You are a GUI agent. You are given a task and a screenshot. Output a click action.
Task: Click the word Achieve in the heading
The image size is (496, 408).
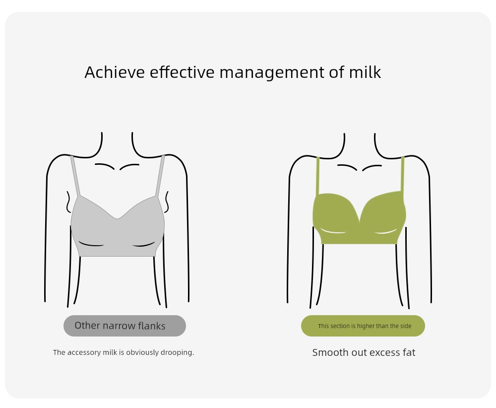tap(115, 72)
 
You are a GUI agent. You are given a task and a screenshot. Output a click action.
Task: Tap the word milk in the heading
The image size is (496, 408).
tap(365, 72)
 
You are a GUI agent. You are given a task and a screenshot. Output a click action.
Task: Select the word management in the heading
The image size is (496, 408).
tap(272, 73)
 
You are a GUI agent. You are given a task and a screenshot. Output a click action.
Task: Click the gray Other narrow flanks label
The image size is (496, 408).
tap(124, 326)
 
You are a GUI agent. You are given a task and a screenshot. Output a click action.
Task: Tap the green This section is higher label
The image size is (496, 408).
tap(363, 326)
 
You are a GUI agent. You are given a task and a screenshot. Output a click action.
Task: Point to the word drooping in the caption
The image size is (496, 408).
tap(177, 352)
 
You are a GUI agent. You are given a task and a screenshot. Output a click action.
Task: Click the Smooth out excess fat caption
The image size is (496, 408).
tap(364, 352)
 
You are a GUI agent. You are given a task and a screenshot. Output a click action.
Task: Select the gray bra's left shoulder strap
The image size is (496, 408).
tap(75, 176)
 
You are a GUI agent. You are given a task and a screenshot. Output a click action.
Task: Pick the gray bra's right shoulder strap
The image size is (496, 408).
tap(160, 176)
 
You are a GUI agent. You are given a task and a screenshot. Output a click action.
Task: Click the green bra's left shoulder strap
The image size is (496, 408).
tap(317, 175)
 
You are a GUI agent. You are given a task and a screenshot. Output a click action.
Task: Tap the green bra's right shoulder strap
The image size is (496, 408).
tap(403, 174)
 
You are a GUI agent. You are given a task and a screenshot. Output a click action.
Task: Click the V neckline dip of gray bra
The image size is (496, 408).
tap(117, 218)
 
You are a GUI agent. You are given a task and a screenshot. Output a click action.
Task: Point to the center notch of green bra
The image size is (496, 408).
tap(360, 220)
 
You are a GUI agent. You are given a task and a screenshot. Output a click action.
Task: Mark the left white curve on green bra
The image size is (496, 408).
tap(332, 231)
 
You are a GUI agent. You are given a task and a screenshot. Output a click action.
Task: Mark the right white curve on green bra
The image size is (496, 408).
tap(386, 232)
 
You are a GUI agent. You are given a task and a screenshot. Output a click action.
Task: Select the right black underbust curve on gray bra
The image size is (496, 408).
tap(144, 245)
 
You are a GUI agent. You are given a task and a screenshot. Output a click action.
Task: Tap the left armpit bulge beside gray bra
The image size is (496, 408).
tap(68, 202)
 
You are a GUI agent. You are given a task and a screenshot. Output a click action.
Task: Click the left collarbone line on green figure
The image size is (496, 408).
tap(347, 167)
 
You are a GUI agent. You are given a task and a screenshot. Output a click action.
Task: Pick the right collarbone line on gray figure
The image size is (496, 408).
tap(129, 166)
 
